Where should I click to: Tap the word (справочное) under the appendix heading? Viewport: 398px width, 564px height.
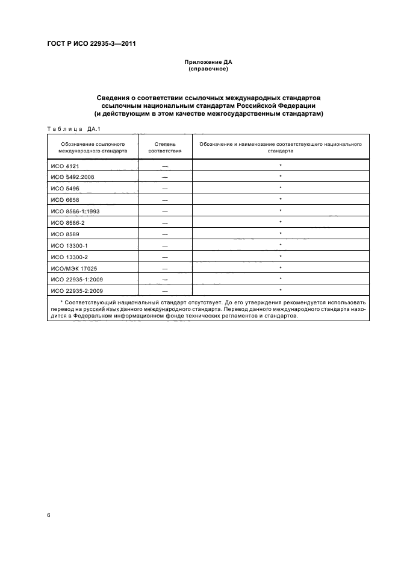pos(208,69)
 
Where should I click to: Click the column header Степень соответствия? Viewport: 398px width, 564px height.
pos(164,148)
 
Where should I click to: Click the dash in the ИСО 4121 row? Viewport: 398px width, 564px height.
pos(164,166)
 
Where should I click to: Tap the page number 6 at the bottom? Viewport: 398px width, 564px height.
pos(48,516)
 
